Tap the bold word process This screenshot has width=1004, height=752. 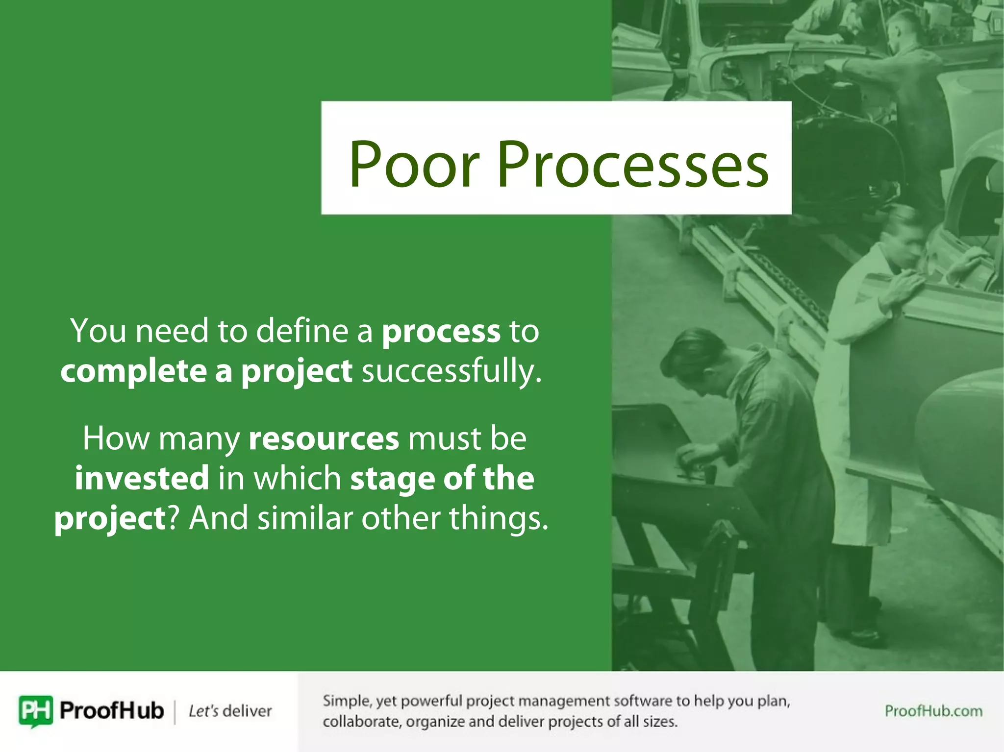coord(441,332)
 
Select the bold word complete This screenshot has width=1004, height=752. coord(133,371)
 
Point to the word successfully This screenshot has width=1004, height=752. coord(452,371)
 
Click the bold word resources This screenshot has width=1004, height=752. coord(324,438)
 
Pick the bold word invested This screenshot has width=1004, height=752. coord(142,478)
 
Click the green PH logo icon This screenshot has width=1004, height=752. coord(35,710)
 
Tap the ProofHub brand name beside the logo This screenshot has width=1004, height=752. coord(111,710)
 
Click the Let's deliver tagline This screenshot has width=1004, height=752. coord(230,711)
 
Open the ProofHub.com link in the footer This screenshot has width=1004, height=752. coord(933,711)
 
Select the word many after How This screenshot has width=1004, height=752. coord(199,439)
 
